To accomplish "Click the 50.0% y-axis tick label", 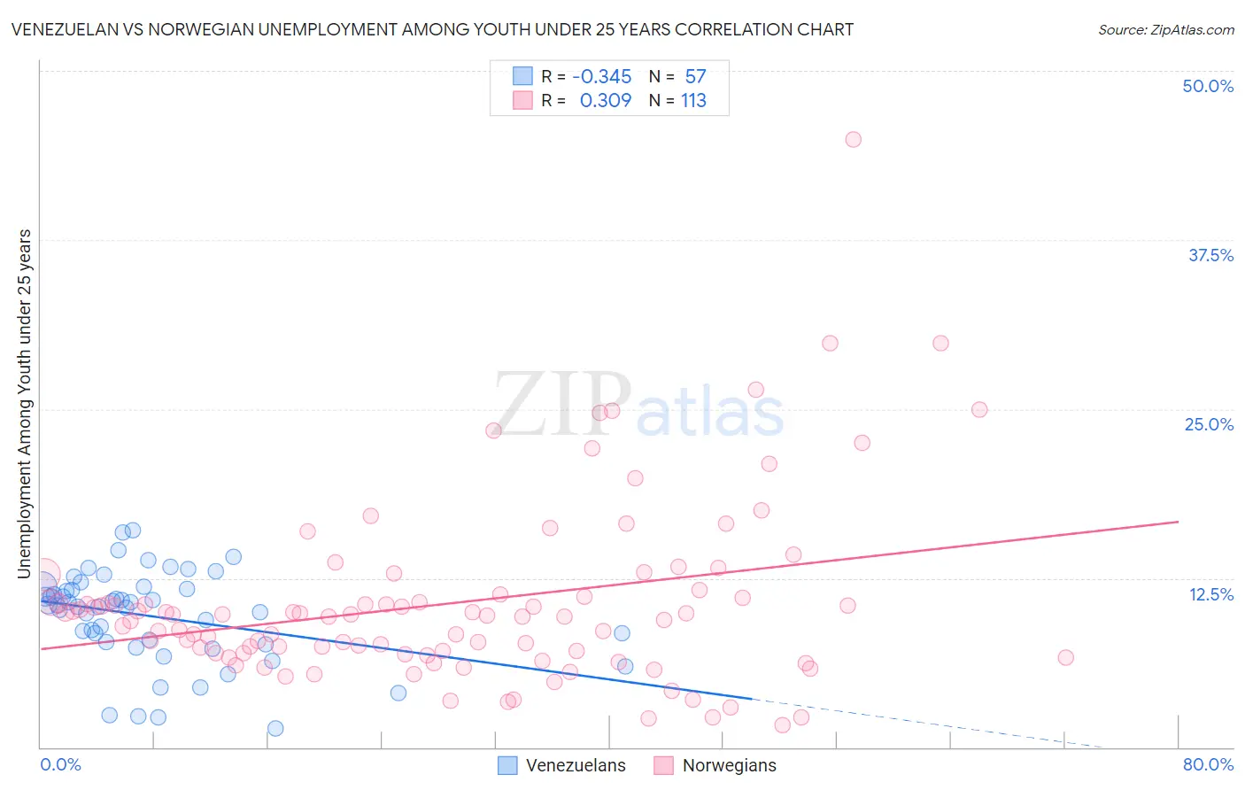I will [1207, 86].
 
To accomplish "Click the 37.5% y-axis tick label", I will [1210, 255].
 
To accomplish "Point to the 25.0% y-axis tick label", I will [1209, 424].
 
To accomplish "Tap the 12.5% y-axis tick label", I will [1210, 594].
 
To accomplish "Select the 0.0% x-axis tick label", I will [60, 764].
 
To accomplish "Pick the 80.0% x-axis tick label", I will [1208, 764].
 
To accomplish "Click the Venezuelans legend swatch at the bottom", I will [507, 765].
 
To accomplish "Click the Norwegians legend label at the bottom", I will [729, 765].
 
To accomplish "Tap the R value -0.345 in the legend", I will [602, 76].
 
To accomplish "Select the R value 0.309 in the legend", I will [606, 100].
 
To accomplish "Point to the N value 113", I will [693, 100].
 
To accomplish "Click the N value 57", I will [695, 76].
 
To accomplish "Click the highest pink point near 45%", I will [853, 139].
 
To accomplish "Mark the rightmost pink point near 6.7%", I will [1065, 657].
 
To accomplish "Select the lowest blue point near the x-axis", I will [275, 728].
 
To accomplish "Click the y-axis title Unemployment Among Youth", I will [25, 404].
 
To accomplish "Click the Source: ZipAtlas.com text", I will [1165, 29].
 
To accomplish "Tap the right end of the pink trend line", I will [1178, 522].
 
